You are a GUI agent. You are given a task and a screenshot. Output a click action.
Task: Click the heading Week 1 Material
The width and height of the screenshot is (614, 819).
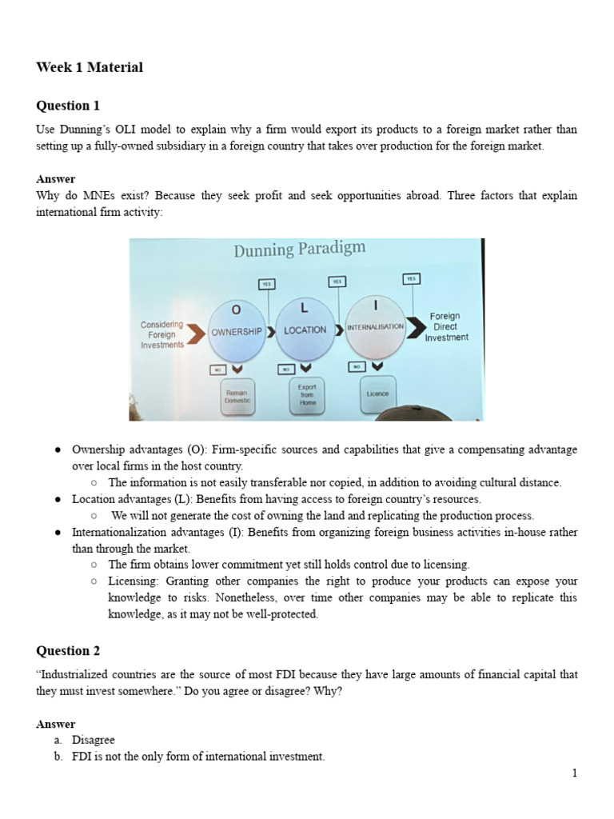click(x=90, y=68)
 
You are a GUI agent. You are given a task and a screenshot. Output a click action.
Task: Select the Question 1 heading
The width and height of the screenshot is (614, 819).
click(x=69, y=106)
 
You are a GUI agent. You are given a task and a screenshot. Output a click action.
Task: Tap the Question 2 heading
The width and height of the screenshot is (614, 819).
click(x=69, y=650)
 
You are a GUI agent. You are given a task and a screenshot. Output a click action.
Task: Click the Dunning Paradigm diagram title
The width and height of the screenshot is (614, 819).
click(x=299, y=250)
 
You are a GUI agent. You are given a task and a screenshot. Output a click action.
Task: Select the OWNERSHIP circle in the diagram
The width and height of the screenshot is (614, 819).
click(x=237, y=330)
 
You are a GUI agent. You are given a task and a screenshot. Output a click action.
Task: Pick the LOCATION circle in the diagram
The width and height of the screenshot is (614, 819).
click(x=305, y=330)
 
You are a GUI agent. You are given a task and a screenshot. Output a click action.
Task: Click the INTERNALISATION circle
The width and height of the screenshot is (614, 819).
click(x=375, y=328)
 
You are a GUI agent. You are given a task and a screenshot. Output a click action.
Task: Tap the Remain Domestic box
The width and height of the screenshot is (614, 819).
click(x=237, y=397)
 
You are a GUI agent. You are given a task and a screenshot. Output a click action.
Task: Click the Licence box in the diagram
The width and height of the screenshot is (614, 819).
click(x=378, y=394)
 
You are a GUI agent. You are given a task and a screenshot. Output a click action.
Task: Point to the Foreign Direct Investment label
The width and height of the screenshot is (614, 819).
click(x=446, y=327)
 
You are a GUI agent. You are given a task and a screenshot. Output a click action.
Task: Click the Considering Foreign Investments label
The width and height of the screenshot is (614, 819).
click(x=162, y=334)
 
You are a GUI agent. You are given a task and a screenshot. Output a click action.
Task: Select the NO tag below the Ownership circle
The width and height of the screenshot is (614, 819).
click(x=217, y=370)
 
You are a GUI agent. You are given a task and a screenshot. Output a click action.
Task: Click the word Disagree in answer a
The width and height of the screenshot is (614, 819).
click(x=94, y=740)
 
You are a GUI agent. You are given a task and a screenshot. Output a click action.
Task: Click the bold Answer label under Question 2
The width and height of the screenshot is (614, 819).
click(x=56, y=724)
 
